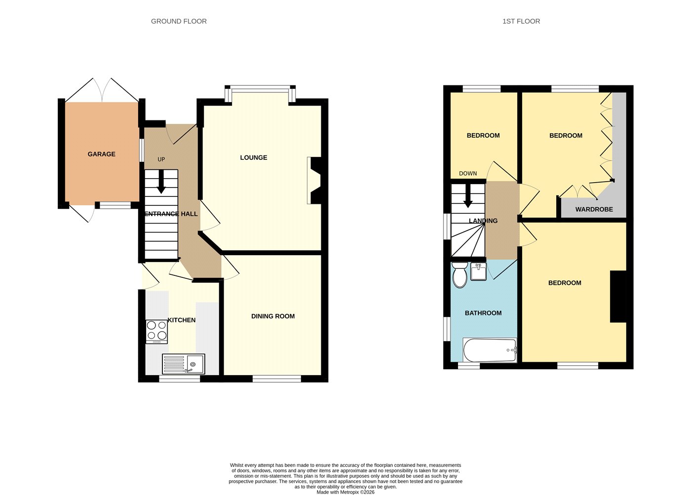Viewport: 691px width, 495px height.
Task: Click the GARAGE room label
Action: [x=102, y=154]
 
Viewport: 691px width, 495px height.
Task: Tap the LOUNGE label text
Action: [x=254, y=157]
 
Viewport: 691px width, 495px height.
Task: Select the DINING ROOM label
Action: [x=273, y=316]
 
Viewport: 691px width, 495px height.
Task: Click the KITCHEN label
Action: [x=182, y=320]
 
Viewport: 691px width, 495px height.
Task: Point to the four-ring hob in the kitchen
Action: [x=157, y=332]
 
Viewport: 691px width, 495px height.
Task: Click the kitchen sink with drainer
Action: [x=184, y=363]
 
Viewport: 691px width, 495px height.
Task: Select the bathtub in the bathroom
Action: [x=490, y=350]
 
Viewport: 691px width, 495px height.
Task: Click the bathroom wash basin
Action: [x=478, y=271]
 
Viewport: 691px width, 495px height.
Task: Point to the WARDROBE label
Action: [x=594, y=209]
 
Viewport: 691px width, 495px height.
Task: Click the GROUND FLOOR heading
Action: [x=179, y=21]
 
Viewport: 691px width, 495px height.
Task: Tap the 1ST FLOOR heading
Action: [x=521, y=21]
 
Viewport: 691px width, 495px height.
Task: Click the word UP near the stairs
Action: [x=161, y=159]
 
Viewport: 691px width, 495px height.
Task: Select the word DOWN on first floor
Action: [x=468, y=173]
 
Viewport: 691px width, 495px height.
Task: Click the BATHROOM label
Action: [x=483, y=313]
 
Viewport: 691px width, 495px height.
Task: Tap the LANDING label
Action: [x=483, y=221]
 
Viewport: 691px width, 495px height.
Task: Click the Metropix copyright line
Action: [x=345, y=492]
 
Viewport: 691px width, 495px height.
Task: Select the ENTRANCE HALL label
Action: [x=171, y=214]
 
